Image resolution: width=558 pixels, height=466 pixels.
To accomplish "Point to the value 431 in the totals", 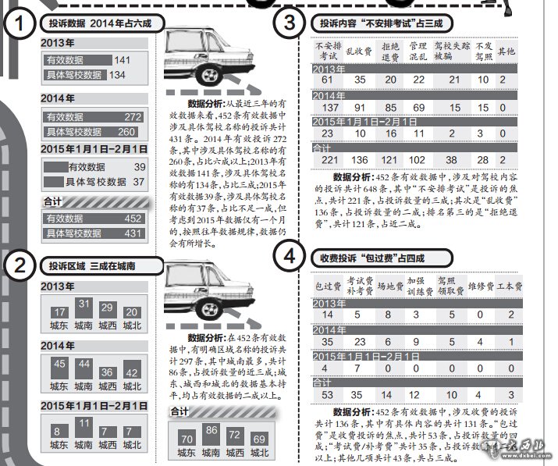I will coord(133,233).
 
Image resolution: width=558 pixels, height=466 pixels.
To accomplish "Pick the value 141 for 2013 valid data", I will coord(122,59).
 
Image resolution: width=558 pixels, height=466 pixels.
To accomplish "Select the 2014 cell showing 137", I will coord(328,107).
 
